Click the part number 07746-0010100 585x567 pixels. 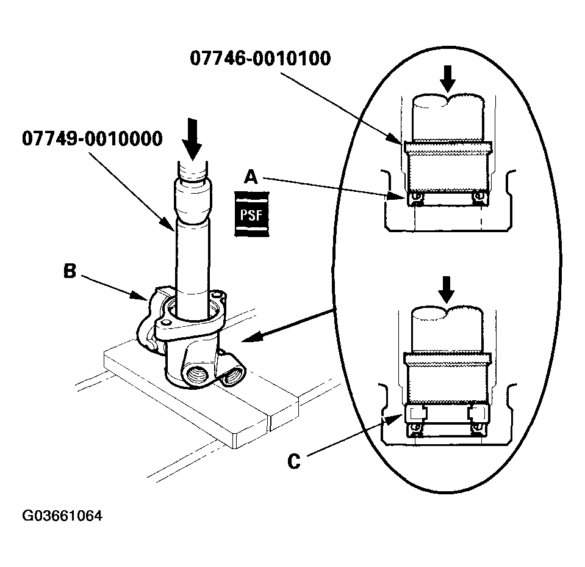(x=260, y=59)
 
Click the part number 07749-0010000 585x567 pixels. (x=92, y=139)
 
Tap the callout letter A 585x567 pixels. (x=251, y=177)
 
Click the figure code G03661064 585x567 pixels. (x=62, y=516)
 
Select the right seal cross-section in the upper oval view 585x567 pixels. (x=479, y=197)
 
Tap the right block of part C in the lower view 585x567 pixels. (x=477, y=414)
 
